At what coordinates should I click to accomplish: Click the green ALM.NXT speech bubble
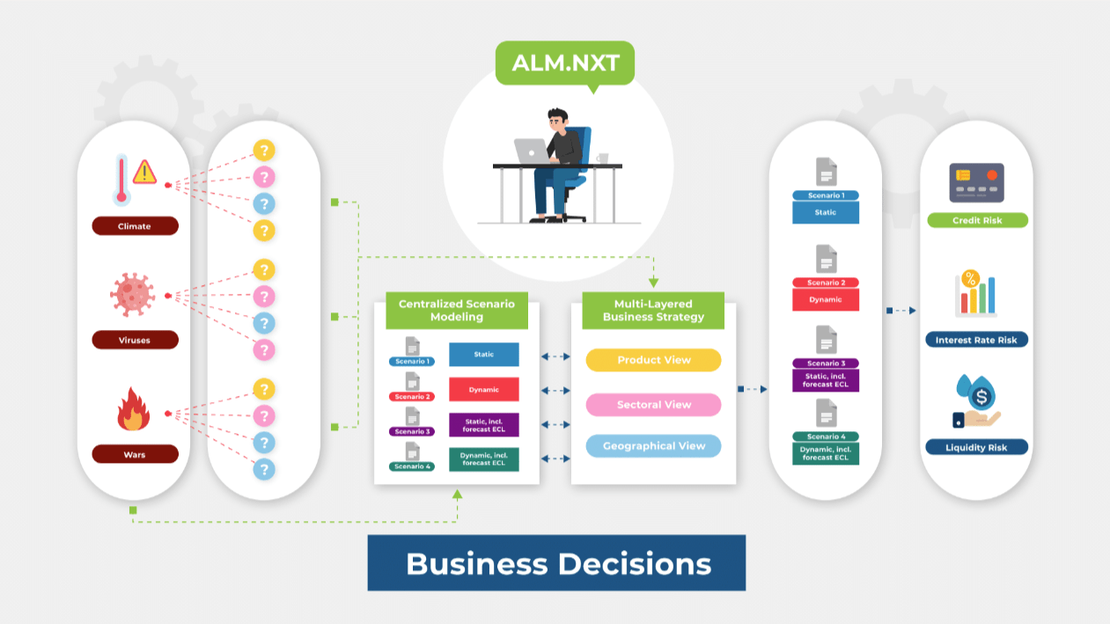pyautogui.click(x=564, y=63)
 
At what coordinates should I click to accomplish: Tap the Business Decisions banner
pyautogui.click(x=556, y=563)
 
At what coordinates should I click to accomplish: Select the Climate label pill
pyautogui.click(x=135, y=226)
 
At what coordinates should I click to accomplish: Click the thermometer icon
pyautogui.click(x=122, y=179)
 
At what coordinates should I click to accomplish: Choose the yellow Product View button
pyautogui.click(x=653, y=360)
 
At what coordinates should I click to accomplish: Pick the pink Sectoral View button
pyautogui.click(x=653, y=405)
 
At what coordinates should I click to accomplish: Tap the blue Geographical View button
pyautogui.click(x=653, y=446)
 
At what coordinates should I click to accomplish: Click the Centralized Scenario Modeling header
pyautogui.click(x=456, y=311)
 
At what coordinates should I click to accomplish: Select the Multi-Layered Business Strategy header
pyautogui.click(x=653, y=311)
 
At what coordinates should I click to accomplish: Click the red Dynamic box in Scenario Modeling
pyautogui.click(x=483, y=389)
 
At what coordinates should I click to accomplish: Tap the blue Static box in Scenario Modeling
pyautogui.click(x=483, y=355)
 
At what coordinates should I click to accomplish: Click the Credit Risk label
pyautogui.click(x=977, y=220)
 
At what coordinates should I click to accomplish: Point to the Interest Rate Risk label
pyautogui.click(x=976, y=340)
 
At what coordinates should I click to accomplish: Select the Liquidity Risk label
pyautogui.click(x=976, y=447)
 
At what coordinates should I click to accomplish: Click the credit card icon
pyautogui.click(x=976, y=182)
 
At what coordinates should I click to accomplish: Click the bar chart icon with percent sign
pyautogui.click(x=975, y=294)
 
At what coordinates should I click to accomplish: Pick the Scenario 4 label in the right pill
pyautogui.click(x=825, y=437)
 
